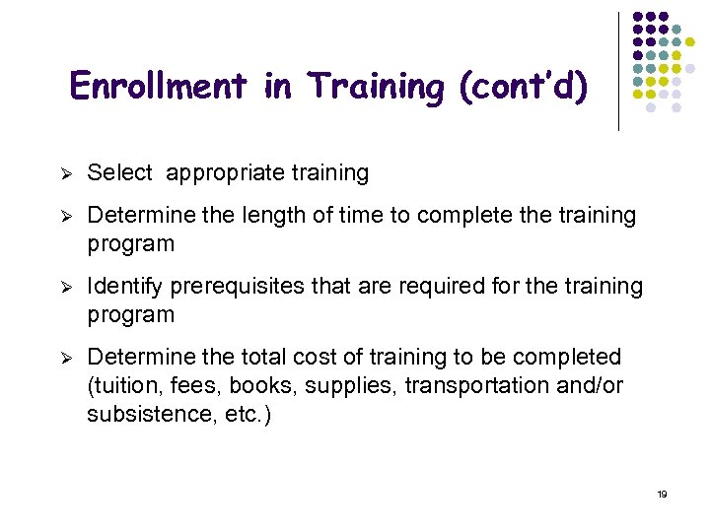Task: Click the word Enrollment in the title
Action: pos(159,87)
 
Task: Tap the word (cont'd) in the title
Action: pos(524,87)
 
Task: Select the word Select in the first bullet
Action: pos(119,173)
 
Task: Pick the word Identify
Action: pos(125,287)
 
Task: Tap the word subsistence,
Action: pos(147,414)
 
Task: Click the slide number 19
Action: pos(662,494)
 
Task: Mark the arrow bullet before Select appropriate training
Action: pos(60,174)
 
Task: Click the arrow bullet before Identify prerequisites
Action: pos(60,288)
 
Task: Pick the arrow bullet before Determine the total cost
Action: pos(60,358)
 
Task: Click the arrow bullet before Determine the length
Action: pos(60,216)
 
